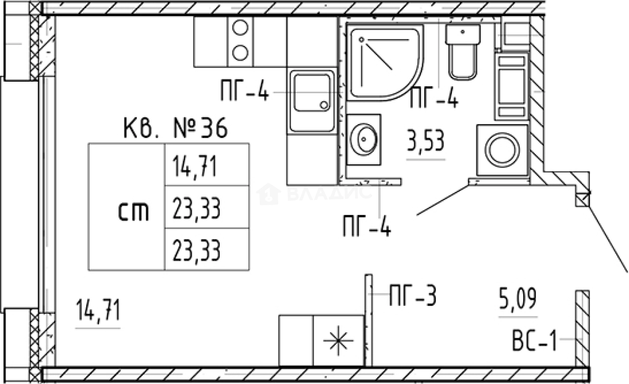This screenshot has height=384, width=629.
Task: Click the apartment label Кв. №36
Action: click(176, 128)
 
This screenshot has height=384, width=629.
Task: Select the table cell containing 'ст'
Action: click(126, 207)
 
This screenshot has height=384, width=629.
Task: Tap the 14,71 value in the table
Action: click(195, 166)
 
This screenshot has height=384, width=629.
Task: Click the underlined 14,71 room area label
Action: click(98, 310)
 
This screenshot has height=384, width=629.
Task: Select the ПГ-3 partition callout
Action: click(413, 295)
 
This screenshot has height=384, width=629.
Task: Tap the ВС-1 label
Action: click(534, 341)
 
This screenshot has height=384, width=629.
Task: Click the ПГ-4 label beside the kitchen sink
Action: click(245, 90)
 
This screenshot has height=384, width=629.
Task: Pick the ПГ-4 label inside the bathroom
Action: click(434, 98)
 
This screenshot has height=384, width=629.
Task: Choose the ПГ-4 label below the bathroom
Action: click(367, 226)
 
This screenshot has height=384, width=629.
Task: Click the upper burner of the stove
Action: click(240, 28)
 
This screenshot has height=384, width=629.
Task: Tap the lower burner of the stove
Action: click(240, 53)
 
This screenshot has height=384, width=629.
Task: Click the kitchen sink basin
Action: click(312, 93)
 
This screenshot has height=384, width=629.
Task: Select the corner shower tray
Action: click(385, 62)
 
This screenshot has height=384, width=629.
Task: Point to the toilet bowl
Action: click(462, 62)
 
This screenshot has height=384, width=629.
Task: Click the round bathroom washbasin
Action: click(364, 139)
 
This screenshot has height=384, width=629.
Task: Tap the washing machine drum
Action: click(502, 150)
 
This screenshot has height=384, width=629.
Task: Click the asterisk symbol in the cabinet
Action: click(339, 340)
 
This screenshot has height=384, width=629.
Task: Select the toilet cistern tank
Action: click(462, 34)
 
